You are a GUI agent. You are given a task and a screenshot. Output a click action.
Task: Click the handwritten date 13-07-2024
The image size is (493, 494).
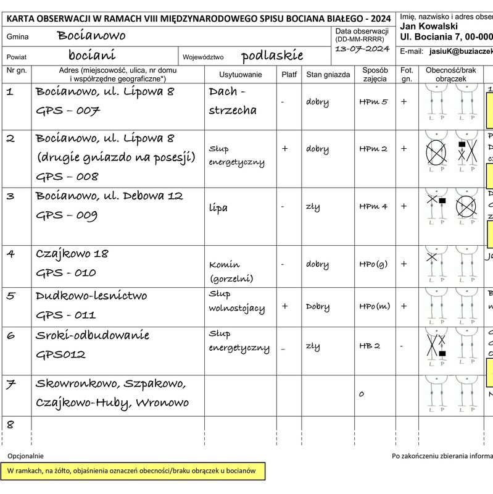pyautogui.click(x=362, y=49)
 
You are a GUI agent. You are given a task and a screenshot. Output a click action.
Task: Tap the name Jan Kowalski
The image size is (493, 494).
pyautogui.click(x=428, y=26)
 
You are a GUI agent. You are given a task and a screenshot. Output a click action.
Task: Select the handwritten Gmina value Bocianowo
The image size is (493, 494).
pyautogui.click(x=91, y=36)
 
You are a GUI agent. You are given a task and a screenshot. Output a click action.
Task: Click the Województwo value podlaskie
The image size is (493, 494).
pyautogui.click(x=272, y=56)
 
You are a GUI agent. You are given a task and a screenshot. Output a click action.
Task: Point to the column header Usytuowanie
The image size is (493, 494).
pyautogui.click(x=241, y=75)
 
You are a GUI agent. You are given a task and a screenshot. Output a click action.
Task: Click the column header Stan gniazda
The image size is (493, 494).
pyautogui.click(x=328, y=75)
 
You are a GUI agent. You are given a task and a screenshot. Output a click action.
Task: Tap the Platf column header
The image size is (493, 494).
pyautogui.click(x=289, y=75)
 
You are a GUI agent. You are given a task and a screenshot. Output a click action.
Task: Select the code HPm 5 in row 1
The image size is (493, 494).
pyautogui.click(x=373, y=102)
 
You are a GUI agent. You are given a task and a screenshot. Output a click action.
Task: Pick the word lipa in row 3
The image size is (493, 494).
pyautogui.click(x=218, y=207)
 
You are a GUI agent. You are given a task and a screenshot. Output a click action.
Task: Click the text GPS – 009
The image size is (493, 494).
pyautogui.click(x=67, y=216)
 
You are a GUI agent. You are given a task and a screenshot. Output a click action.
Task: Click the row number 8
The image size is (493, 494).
pyautogui.click(x=10, y=424)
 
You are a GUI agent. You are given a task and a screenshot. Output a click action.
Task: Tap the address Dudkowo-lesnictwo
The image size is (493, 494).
pyautogui.click(x=91, y=295)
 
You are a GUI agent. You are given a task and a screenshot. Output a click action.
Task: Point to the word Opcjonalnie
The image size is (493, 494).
pyautogui.click(x=25, y=456)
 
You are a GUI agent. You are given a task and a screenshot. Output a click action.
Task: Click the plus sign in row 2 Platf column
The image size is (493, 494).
pyautogui.click(x=284, y=149)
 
